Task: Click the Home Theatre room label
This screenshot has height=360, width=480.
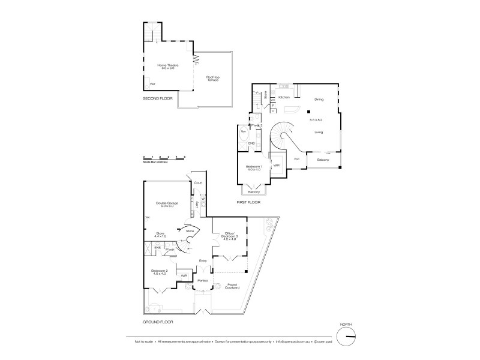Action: click(167, 66)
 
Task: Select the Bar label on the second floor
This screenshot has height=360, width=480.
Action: click(152, 84)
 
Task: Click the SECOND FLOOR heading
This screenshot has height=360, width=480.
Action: click(157, 98)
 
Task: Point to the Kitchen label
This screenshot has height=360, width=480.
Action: click(284, 97)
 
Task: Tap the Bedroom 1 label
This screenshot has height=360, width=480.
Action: click(253, 167)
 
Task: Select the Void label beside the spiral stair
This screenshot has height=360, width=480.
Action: click(296, 159)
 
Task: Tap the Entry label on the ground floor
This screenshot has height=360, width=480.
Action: click(203, 260)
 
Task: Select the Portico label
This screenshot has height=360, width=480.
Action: click(203, 280)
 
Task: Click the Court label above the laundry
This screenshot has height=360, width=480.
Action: click(197, 182)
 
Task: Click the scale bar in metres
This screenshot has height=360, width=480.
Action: click(164, 158)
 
